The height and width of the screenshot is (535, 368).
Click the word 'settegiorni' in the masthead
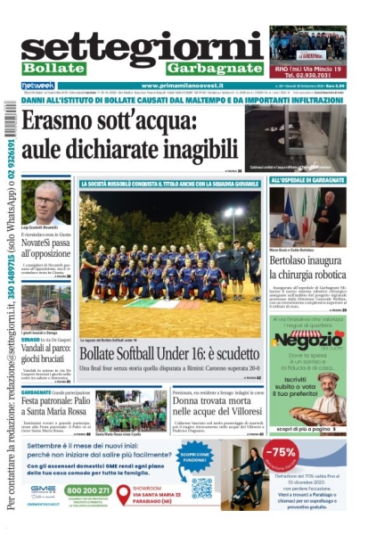[143, 45]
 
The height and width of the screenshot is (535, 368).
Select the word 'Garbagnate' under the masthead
[216, 68]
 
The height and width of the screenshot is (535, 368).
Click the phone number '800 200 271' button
[88, 490]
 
